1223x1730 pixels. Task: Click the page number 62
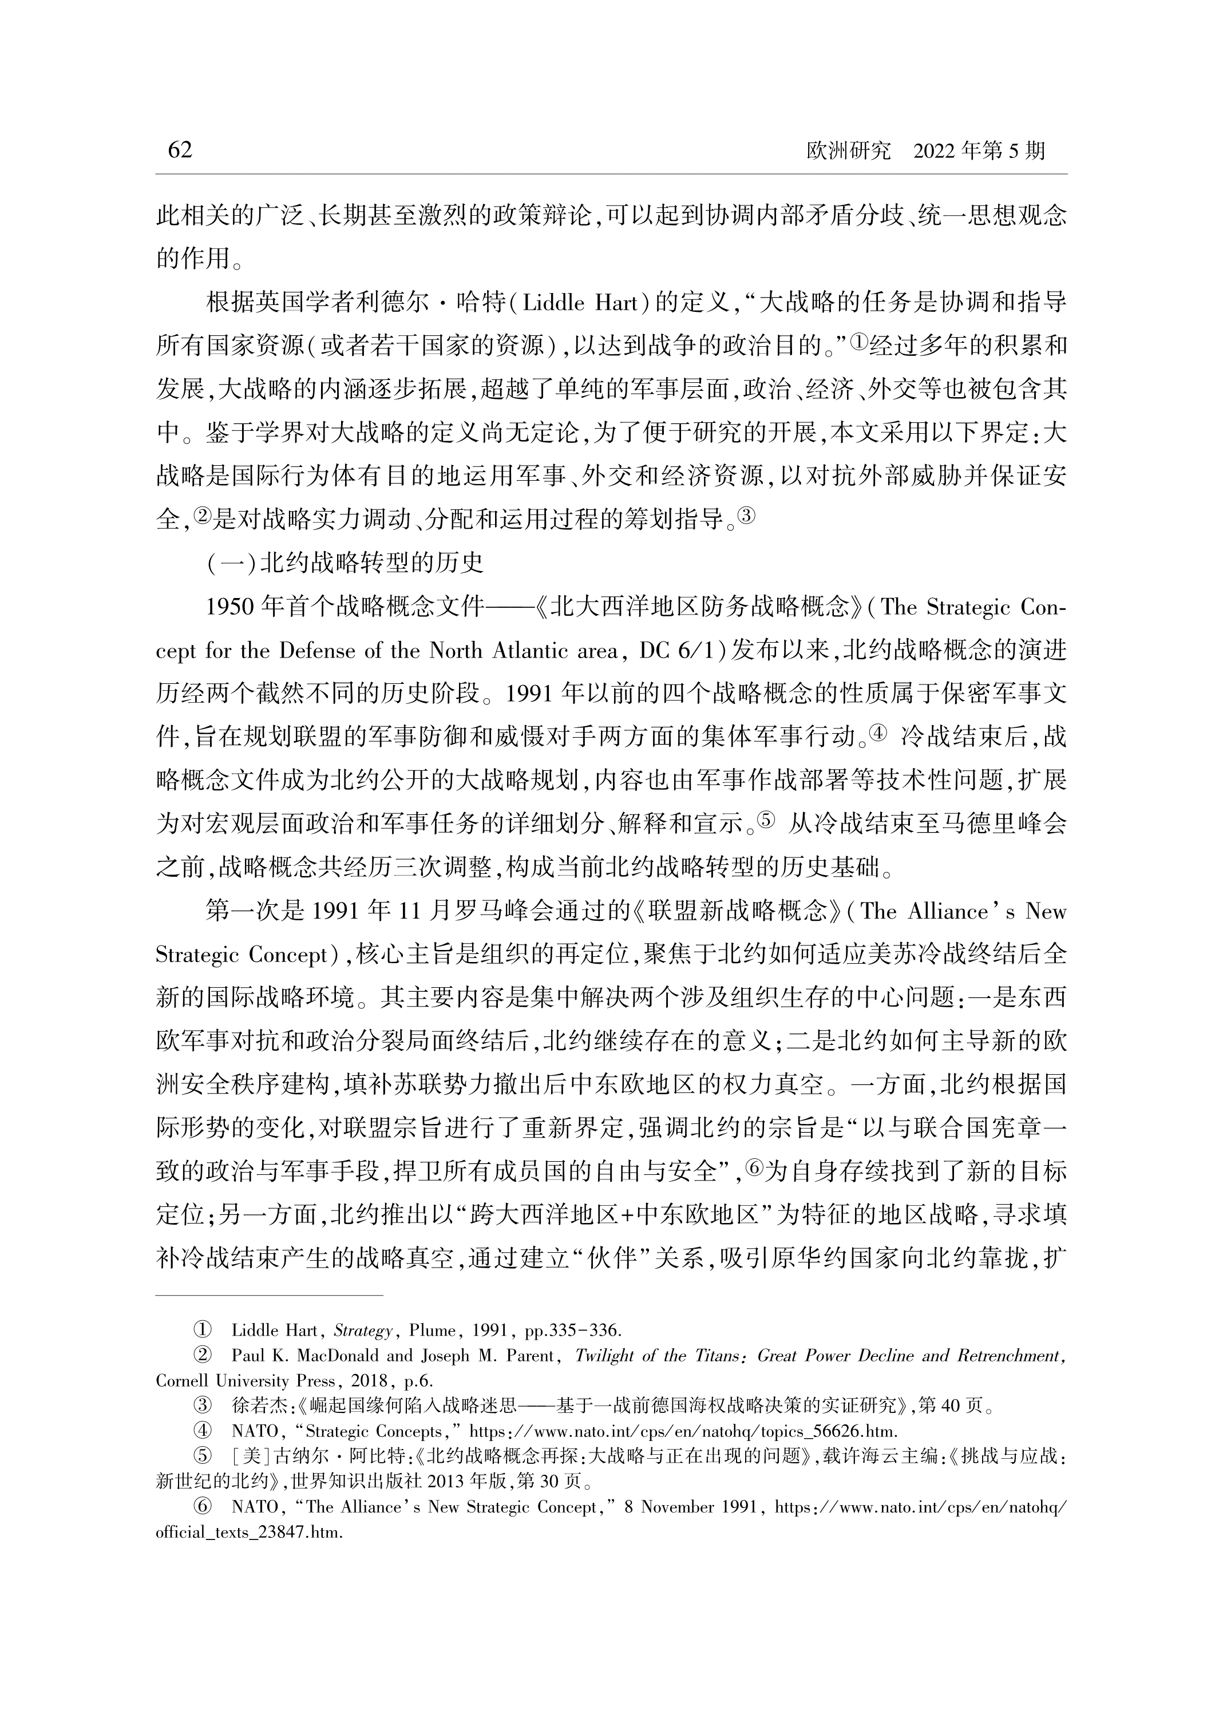click(x=180, y=150)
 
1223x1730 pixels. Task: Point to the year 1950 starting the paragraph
click(x=230, y=607)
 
